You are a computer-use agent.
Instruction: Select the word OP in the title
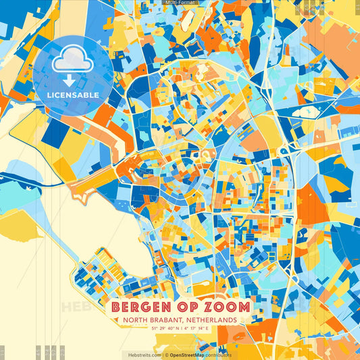181,306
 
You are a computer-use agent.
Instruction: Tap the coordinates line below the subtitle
180,329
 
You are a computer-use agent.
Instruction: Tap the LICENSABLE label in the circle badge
73,95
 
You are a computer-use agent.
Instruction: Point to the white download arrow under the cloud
69,79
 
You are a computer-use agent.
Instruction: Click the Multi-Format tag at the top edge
180,3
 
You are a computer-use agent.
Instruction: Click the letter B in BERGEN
116,306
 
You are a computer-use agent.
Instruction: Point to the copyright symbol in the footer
166,355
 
